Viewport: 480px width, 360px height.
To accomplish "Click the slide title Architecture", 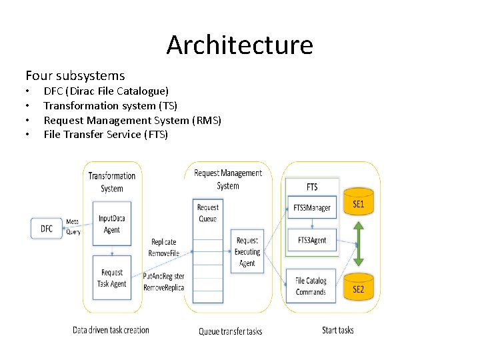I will point(239,45).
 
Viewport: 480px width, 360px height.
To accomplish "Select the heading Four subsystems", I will point(75,75).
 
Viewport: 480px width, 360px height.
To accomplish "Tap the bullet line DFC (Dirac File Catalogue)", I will point(106,91).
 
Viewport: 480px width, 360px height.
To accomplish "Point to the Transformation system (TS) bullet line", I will point(110,105).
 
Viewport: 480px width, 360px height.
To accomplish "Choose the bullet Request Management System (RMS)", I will point(132,120).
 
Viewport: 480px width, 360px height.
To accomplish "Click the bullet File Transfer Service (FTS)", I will point(105,135).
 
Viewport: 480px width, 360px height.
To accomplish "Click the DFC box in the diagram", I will point(47,229).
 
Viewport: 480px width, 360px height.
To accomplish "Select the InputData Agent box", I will point(112,224).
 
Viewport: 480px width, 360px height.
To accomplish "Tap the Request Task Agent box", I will point(112,278).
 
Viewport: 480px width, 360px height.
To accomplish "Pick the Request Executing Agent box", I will point(247,252).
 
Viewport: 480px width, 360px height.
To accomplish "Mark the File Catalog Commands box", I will point(311,286).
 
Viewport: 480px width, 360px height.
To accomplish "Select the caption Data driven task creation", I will point(111,329).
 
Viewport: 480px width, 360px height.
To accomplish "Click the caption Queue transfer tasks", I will point(231,331).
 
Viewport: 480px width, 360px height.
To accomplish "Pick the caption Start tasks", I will point(337,330).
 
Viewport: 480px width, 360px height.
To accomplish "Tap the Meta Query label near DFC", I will point(73,227).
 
